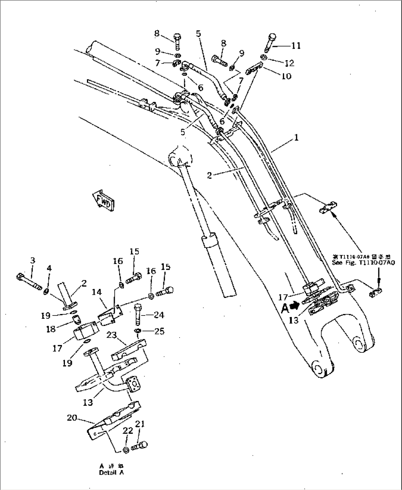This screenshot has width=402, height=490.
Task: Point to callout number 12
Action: (290, 63)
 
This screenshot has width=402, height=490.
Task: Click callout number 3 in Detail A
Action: (32, 260)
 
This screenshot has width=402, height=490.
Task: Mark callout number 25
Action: (160, 331)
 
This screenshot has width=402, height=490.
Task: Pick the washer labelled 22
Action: (125, 449)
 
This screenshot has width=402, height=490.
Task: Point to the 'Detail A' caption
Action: (111, 473)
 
